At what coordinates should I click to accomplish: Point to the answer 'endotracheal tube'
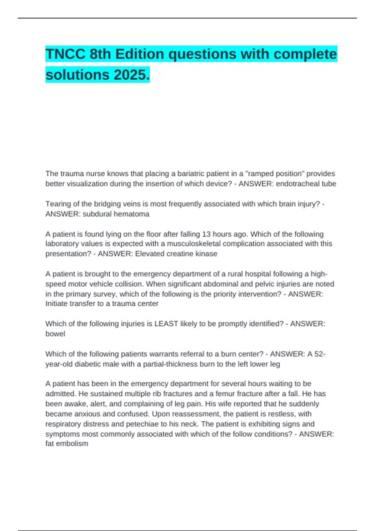click(306, 184)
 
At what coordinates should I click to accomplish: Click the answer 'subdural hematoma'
click(116, 214)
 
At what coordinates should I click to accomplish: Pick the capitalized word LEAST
click(166, 324)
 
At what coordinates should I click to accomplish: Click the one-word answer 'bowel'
click(55, 334)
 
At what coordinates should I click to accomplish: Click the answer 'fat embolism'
click(67, 444)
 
